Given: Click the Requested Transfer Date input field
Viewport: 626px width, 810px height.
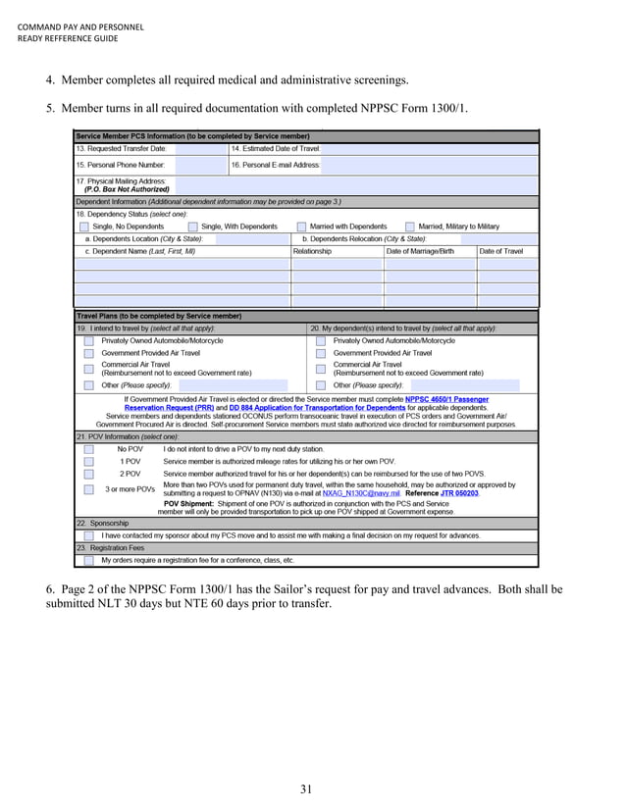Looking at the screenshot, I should (200, 148).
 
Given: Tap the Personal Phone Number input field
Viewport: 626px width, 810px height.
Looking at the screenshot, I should (200, 166).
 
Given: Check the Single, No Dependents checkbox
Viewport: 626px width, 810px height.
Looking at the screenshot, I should (84, 227).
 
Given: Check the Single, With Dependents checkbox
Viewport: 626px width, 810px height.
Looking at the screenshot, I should (192, 227).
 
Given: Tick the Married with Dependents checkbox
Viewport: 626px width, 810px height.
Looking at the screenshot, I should (301, 227).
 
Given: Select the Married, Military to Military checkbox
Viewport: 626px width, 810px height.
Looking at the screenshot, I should (410, 227).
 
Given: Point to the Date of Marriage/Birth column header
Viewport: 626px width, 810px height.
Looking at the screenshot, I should (420, 251).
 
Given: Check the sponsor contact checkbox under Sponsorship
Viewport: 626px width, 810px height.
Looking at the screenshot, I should (89, 535).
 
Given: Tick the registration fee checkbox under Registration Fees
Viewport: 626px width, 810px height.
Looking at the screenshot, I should (89, 560).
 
